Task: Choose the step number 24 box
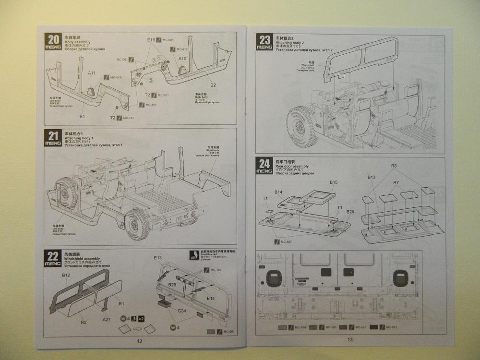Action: [264, 166]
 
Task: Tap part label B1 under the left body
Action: [82, 116]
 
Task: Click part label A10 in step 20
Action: [182, 58]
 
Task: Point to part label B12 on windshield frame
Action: [66, 275]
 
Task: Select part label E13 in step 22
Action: [158, 258]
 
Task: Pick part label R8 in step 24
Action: [394, 167]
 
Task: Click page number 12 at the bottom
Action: [139, 341]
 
